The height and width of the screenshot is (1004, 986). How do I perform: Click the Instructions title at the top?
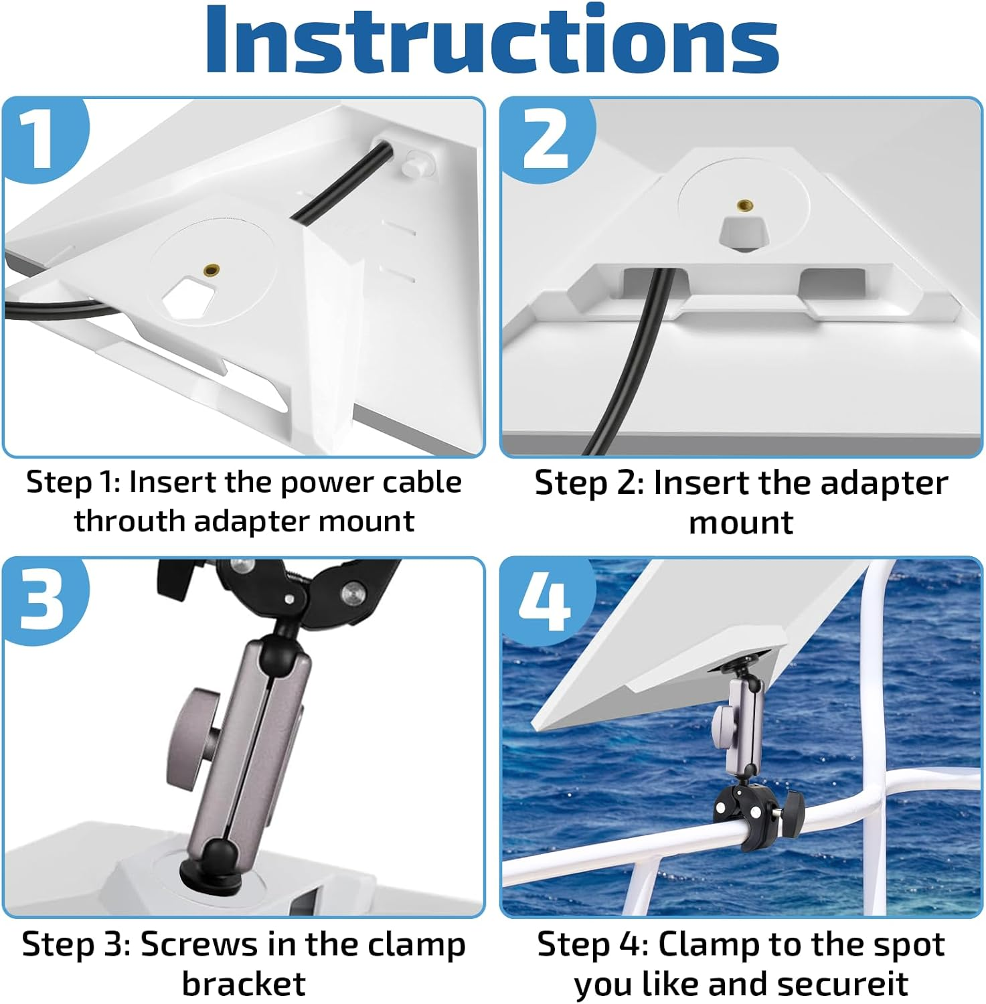point(492,40)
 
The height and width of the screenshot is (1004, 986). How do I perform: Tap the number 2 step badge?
point(546,137)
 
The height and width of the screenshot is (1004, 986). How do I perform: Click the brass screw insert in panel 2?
point(742,205)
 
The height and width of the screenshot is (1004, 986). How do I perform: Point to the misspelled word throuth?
point(129,521)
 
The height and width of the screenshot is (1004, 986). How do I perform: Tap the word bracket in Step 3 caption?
point(244,984)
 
